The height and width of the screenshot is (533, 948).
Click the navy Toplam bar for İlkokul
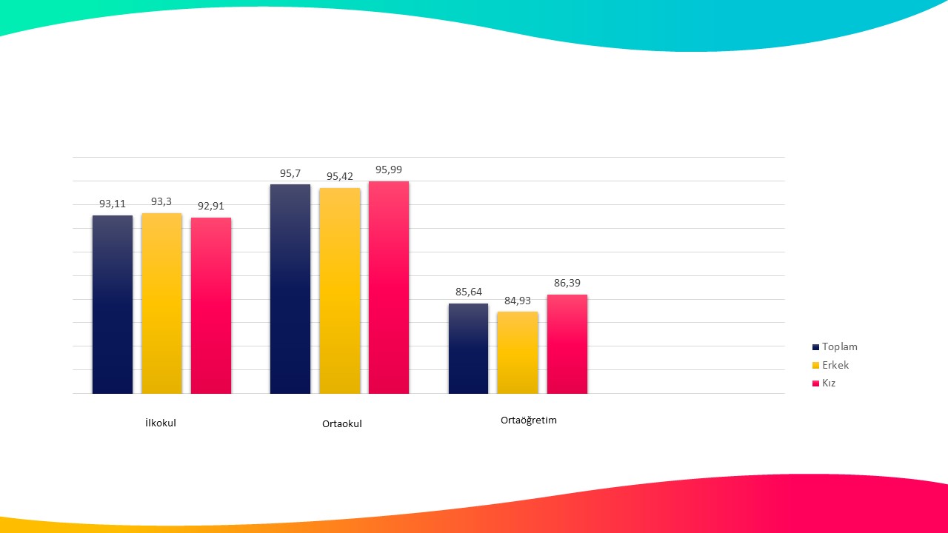[113, 304]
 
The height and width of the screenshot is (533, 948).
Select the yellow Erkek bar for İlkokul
[161, 304]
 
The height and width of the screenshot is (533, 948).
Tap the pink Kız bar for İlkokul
[211, 305]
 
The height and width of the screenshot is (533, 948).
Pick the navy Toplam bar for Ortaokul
[290, 289]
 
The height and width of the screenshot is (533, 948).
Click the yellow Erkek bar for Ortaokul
[340, 290]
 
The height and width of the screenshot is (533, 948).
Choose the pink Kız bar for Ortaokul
[389, 287]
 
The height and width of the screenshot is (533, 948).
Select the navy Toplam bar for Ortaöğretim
[468, 348]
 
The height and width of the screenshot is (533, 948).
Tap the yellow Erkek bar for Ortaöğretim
[518, 352]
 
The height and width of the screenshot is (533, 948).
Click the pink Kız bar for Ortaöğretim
[567, 344]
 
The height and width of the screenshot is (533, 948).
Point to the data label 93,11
[113, 204]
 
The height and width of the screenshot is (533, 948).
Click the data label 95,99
[389, 170]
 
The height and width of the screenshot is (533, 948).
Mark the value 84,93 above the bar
[518, 300]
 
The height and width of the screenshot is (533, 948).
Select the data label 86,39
[567, 283]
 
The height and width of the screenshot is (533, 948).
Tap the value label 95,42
[340, 176]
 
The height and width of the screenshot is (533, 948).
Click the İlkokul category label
[161, 423]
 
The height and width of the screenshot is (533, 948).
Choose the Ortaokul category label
[342, 424]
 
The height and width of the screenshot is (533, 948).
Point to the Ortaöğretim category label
[529, 420]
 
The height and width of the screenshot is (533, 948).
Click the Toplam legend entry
[839, 346]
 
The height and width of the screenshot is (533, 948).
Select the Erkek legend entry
[835, 365]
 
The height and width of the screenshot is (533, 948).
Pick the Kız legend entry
[829, 383]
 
